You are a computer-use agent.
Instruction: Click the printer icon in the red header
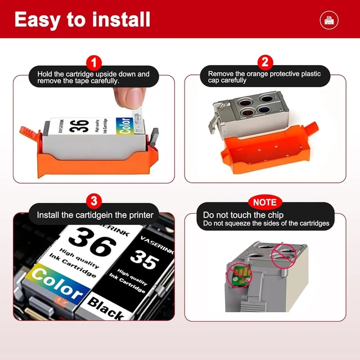(x=329, y=20)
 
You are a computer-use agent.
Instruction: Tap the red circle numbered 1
(x=94, y=62)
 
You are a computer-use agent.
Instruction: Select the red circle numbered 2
(x=265, y=62)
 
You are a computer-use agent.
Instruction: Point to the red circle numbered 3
(x=94, y=201)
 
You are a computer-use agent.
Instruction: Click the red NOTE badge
(x=265, y=202)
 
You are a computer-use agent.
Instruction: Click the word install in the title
(x=121, y=19)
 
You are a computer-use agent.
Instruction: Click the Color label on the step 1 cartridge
(x=125, y=126)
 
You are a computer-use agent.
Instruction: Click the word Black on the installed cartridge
(x=106, y=308)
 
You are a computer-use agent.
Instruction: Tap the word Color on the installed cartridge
(x=57, y=284)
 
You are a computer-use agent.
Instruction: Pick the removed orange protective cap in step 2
(x=268, y=148)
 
